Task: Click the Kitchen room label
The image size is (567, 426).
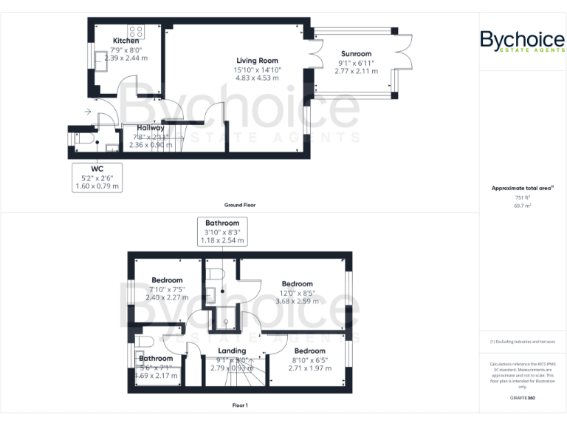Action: [125, 41]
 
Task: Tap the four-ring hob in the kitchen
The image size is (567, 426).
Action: [137, 32]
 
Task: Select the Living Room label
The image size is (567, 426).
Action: [257, 60]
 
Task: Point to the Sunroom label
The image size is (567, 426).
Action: [356, 54]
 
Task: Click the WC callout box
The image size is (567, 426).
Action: [97, 177]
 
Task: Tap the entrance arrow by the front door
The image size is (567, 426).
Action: [89, 112]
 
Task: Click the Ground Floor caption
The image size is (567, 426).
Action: [239, 205]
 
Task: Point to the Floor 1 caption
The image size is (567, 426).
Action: [239, 405]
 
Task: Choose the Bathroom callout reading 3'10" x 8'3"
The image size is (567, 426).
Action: [222, 231]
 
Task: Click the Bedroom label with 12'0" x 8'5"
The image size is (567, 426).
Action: [297, 284]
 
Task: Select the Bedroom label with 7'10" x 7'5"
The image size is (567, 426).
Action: [167, 280]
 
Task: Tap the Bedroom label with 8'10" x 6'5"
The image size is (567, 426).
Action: [309, 351]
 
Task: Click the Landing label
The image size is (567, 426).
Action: [232, 351]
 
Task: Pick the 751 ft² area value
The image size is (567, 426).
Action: [523, 198]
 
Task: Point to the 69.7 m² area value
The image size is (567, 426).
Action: [523, 206]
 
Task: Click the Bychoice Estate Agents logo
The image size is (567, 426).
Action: [523, 41]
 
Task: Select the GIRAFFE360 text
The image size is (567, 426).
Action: [523, 399]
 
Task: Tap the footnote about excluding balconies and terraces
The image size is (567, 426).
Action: [523, 342]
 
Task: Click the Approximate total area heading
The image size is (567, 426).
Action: [522, 189]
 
